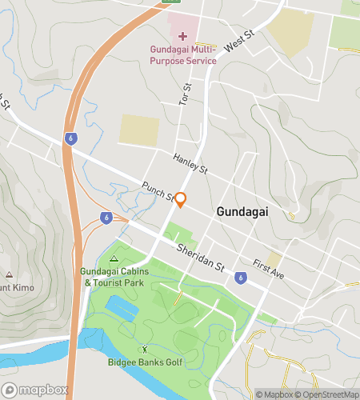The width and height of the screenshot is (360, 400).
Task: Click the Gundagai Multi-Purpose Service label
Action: [x=182, y=54]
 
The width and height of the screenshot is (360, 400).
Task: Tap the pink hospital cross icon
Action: [x=182, y=36]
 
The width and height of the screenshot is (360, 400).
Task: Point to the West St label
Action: [x=238, y=42]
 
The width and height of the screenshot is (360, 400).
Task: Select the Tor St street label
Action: [x=187, y=95]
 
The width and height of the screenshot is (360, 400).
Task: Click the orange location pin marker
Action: [x=181, y=200]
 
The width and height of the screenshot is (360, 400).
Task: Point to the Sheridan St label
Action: [x=200, y=259]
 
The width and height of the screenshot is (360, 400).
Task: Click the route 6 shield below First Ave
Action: [x=240, y=278]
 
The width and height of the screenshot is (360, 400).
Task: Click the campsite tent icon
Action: [x=114, y=258]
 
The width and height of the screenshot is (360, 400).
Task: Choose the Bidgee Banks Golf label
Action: [x=145, y=361]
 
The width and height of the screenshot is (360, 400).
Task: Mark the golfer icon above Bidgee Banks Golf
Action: [x=145, y=349]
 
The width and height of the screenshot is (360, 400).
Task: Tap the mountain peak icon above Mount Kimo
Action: [x=9, y=274]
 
